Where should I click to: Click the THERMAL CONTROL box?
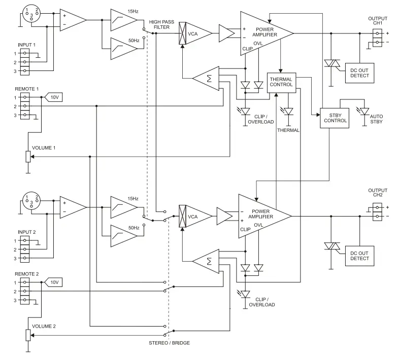tap(281, 83)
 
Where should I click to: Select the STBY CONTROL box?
tap(335, 118)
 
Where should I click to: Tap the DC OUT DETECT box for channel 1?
tap(360, 73)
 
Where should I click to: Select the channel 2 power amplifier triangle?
tap(261, 216)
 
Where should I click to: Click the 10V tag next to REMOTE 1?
tap(54, 97)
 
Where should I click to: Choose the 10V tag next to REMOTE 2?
tap(54, 282)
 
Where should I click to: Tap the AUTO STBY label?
tap(377, 120)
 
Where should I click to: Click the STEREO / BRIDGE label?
tap(170, 343)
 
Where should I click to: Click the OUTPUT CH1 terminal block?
tap(377, 37)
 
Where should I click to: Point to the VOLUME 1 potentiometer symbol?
tap(28, 157)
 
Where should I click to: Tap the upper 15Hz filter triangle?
tap(123, 20)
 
